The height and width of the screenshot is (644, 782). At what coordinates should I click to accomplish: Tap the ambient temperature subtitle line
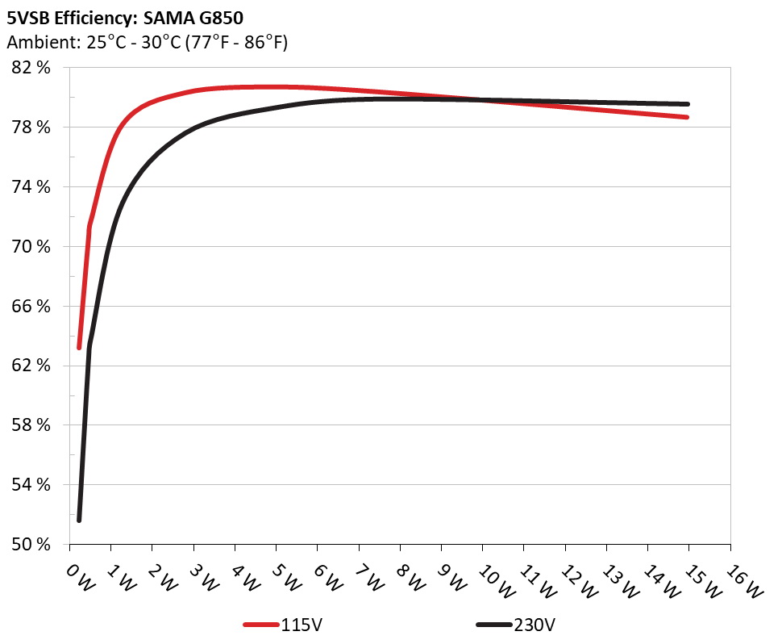click(147, 43)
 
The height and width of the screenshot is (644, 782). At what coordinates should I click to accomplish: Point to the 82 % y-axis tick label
click(32, 68)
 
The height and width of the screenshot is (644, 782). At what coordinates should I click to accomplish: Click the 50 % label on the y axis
click(32, 544)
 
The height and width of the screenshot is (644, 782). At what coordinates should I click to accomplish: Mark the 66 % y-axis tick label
click(32, 306)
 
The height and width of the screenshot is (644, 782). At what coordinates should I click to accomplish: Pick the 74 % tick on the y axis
click(32, 187)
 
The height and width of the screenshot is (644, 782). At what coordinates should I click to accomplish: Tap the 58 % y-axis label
click(32, 425)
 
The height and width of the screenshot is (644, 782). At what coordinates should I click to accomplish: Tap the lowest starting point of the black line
click(79, 520)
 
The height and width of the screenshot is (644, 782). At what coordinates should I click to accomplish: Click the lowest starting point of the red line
click(79, 347)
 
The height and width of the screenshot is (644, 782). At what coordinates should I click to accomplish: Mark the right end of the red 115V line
click(687, 117)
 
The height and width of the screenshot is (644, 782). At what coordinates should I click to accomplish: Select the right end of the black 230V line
click(687, 104)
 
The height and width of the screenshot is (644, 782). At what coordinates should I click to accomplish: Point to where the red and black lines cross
click(482, 100)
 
